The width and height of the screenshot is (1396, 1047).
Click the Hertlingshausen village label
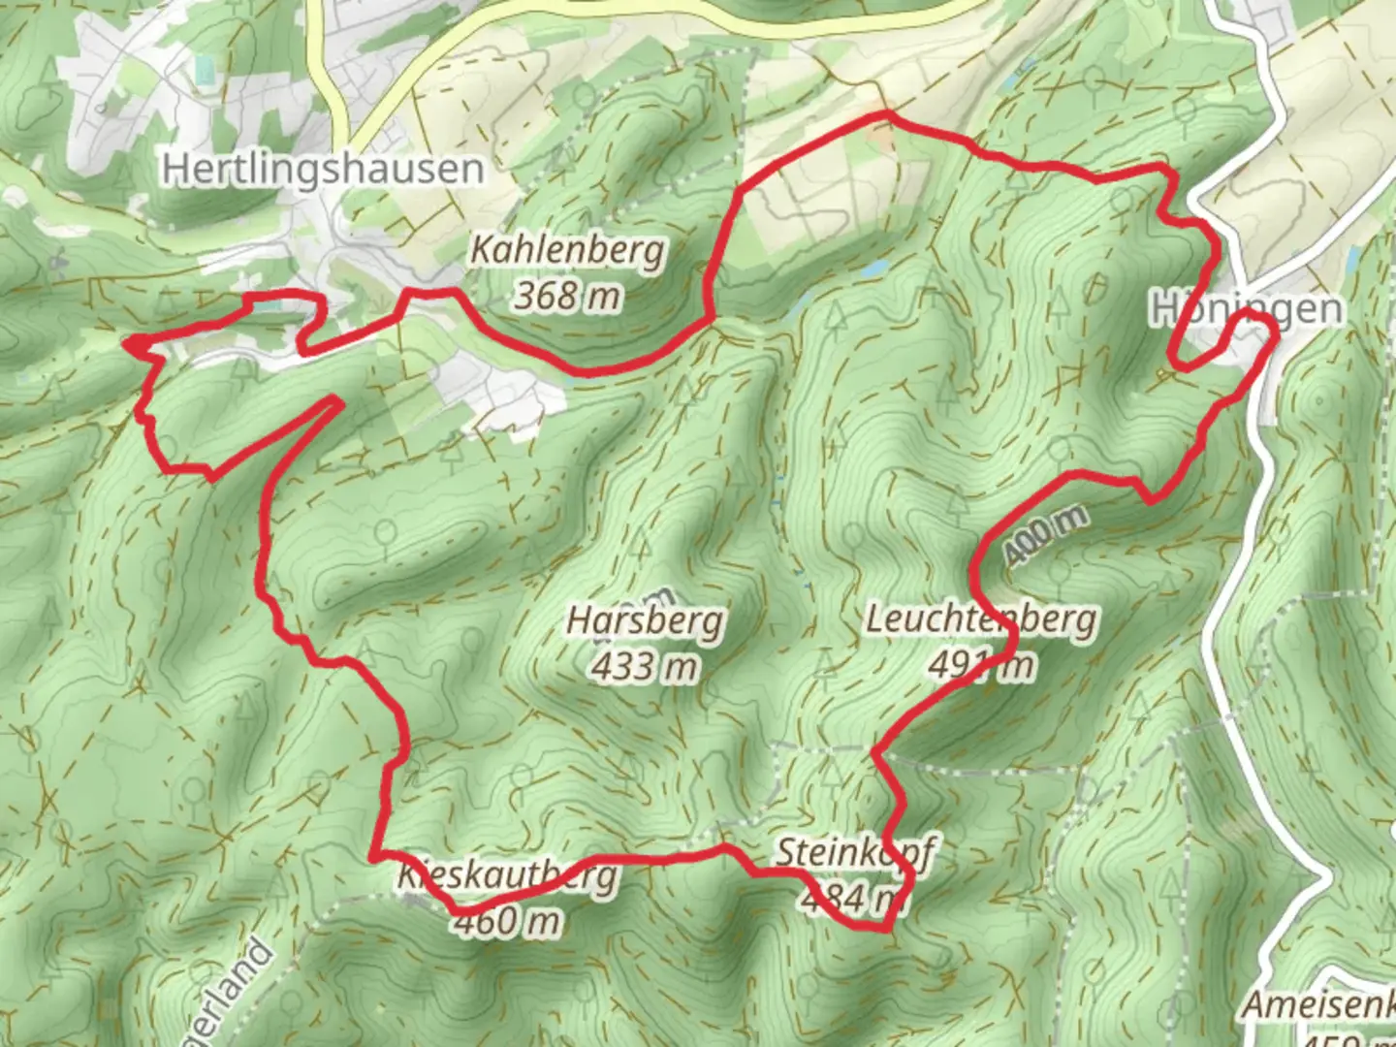[322, 169]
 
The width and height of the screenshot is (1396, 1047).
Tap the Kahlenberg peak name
[568, 250]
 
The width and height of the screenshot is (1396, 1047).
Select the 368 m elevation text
[567, 295]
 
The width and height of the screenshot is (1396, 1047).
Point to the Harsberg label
[646, 620]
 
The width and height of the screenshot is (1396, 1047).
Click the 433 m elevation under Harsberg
[646, 666]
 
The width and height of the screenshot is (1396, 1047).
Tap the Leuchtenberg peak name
[981, 619]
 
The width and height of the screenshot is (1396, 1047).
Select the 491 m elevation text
[981, 665]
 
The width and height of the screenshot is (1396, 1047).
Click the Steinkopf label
[854, 853]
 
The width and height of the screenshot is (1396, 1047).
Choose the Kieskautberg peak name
[507, 875]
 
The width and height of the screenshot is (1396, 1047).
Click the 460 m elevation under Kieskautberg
[507, 920]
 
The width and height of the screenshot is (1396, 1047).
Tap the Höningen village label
[1248, 309]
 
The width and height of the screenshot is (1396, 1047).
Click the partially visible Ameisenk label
[1318, 1005]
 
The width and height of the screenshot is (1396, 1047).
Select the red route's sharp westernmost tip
[127, 341]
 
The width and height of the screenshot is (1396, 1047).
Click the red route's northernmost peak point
[885, 114]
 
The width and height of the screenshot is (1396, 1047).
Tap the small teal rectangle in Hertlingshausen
[203, 70]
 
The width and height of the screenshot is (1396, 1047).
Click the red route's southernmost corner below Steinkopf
[884, 929]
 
